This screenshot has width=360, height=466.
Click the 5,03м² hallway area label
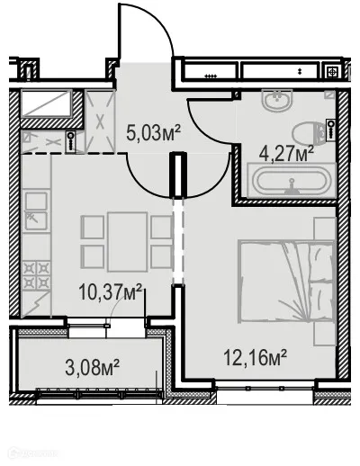[152, 136]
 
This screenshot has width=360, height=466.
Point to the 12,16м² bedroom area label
[255, 358]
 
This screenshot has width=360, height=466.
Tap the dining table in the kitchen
[126, 240]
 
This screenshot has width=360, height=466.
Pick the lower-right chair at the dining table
[159, 256]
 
